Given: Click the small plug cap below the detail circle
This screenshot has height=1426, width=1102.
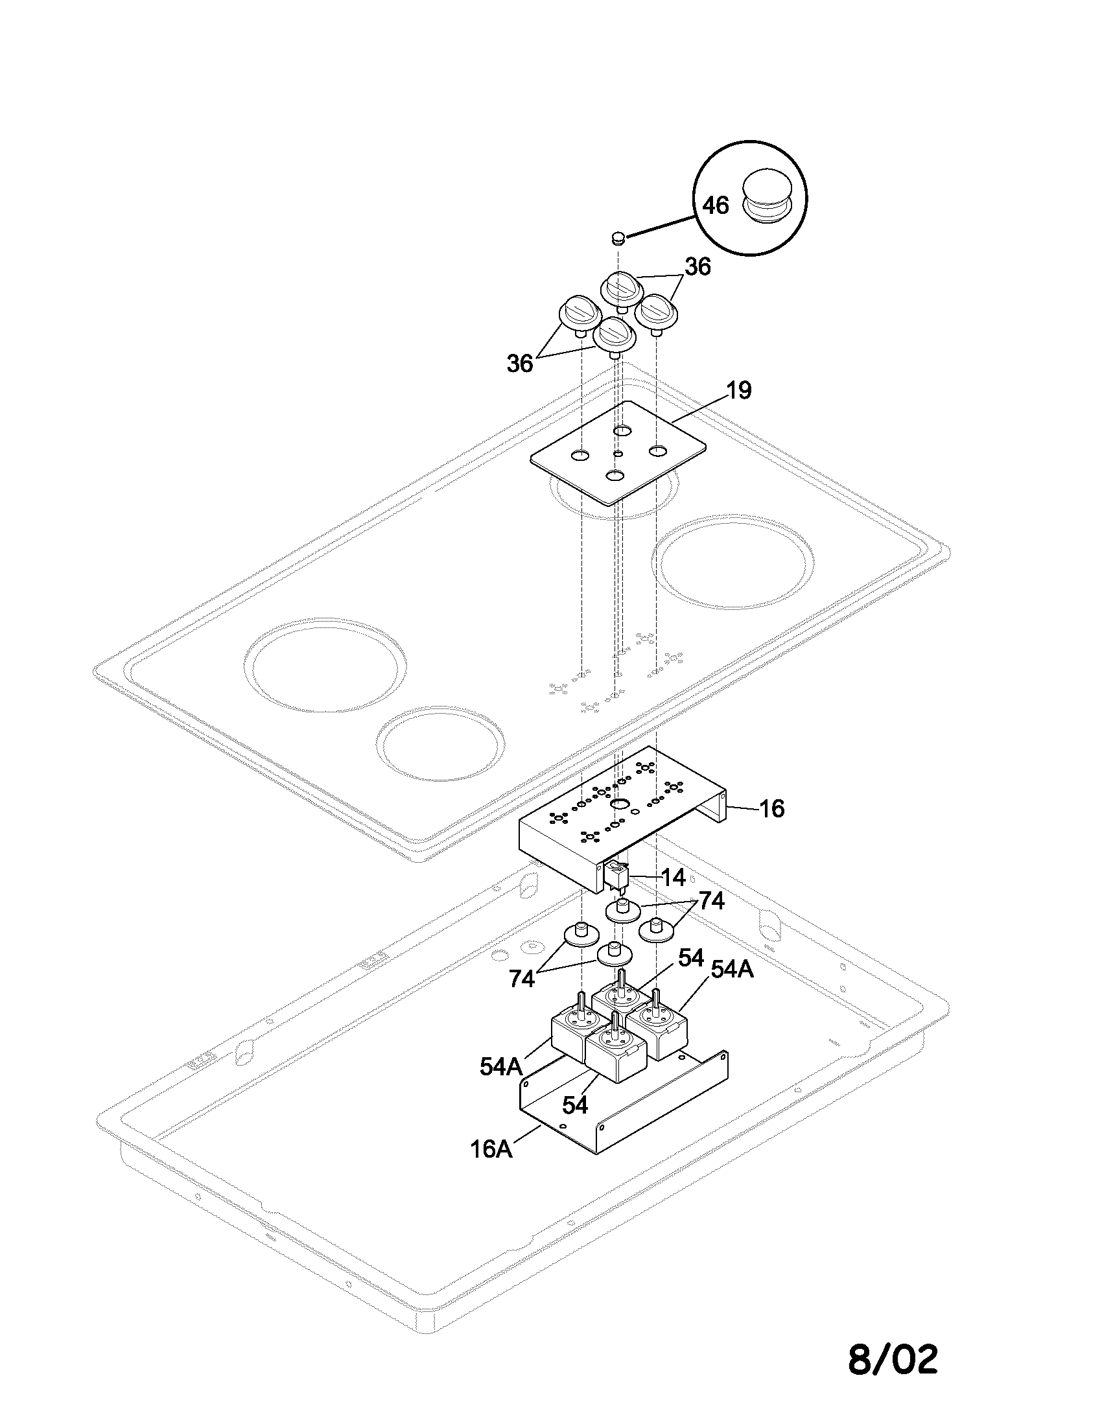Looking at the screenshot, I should [x=618, y=238].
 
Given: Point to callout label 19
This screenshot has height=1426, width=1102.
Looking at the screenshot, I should [x=738, y=390].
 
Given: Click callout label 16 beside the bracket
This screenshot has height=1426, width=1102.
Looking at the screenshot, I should [x=771, y=809].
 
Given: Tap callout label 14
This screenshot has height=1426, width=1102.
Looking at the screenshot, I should [x=672, y=878].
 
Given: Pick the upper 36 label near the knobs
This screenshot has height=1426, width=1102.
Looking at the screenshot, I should [x=698, y=266].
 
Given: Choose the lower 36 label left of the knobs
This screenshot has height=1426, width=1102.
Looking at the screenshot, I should [x=520, y=364].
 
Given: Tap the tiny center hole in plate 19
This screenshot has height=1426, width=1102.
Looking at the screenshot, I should [x=618, y=453].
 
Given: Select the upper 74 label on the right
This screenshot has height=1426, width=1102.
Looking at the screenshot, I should [x=711, y=902].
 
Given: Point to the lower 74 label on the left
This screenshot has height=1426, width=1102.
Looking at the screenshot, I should [x=522, y=979].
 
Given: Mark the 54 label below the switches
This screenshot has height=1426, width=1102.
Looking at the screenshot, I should [x=575, y=1105].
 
